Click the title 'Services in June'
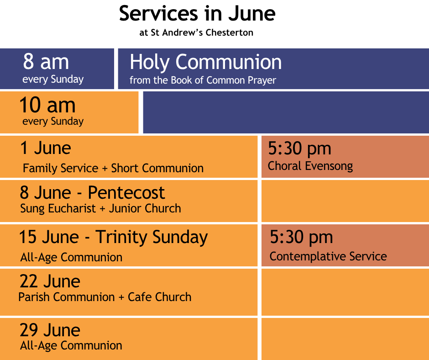coord(197,13)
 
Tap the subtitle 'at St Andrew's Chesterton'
coord(196,32)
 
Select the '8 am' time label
coord(46,61)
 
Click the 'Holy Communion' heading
coord(205,63)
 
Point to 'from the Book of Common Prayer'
coord(203,80)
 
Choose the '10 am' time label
coord(47,105)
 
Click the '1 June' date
coord(46,148)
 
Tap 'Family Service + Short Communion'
coord(113,168)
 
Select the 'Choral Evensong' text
coord(310,166)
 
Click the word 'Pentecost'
coord(126,192)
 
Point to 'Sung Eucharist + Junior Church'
coord(100,208)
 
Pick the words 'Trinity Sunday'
coord(152,237)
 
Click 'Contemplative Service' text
coord(328,256)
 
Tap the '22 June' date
coord(50,281)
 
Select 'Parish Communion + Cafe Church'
coord(105,297)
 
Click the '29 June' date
coord(50,330)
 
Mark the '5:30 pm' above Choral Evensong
coord(299,149)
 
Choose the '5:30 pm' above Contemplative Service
coord(301,238)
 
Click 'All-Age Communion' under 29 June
coord(71,346)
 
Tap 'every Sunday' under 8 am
coord(53,79)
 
